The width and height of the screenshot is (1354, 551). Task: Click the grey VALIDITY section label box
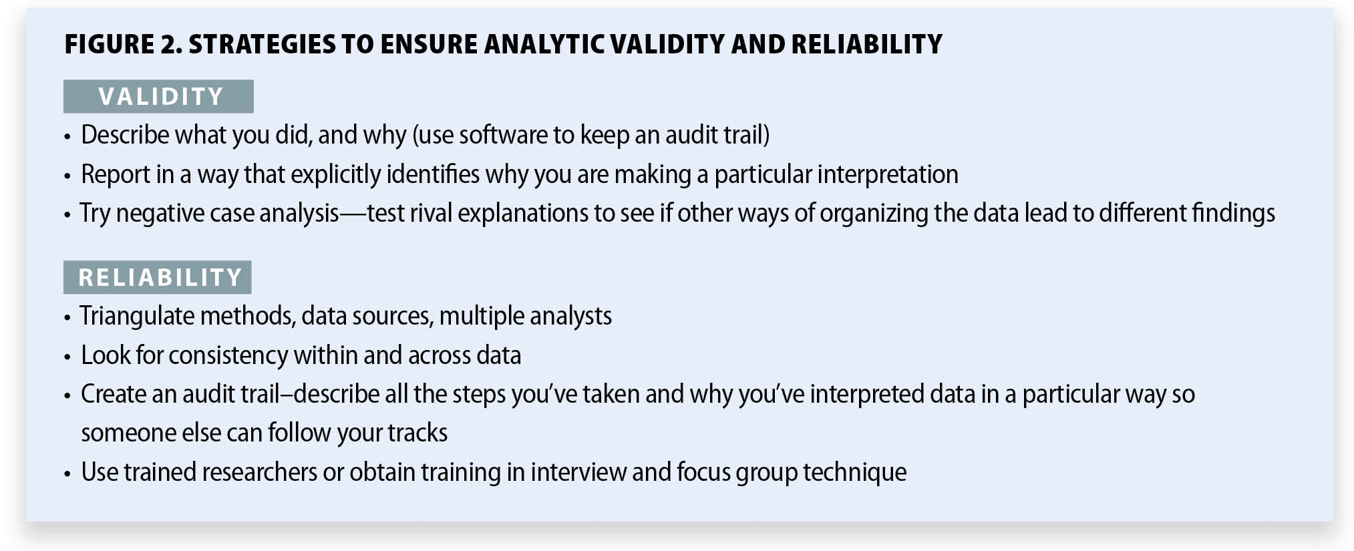158,96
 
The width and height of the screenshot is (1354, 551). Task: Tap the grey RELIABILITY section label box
158,277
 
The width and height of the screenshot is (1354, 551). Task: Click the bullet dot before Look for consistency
67,357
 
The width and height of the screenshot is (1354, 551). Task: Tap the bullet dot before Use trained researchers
67,474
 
